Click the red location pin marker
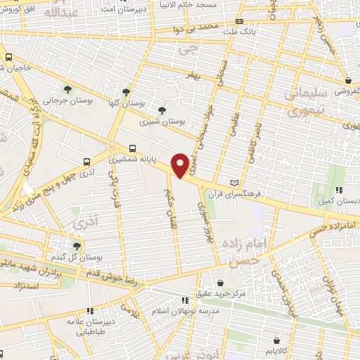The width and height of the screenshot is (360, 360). pyautogui.click(x=181, y=165)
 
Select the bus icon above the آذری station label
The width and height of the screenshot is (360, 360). pyautogui.click(x=86, y=161)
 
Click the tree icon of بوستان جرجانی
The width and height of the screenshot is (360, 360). pyautogui.click(x=68, y=89)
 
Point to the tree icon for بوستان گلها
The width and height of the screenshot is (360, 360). pyautogui.click(x=126, y=91)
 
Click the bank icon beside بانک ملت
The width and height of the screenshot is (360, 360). pyautogui.click(x=240, y=22)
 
